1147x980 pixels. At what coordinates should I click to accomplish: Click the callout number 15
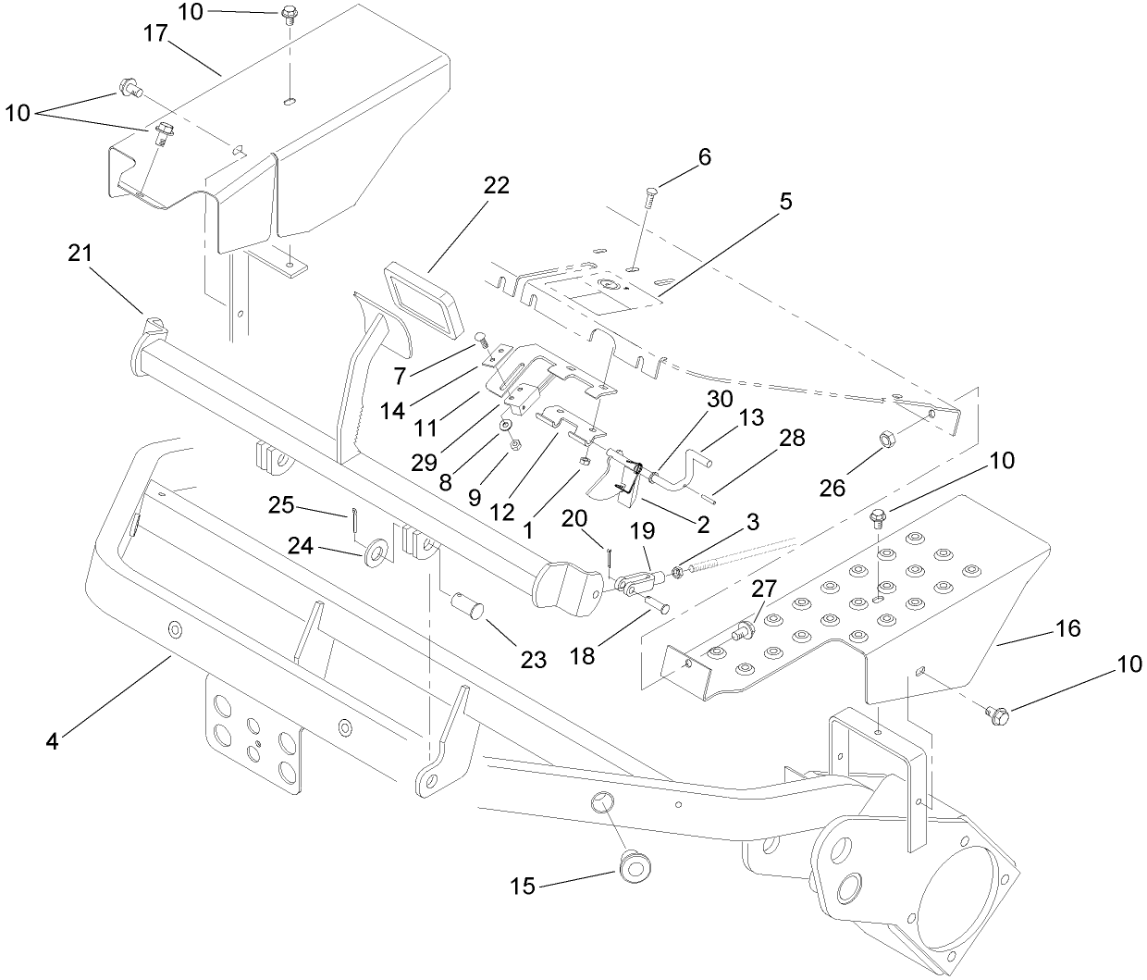(x=522, y=887)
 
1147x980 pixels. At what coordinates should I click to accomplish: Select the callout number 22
(x=496, y=185)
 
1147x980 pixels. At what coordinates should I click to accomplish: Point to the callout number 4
(x=52, y=741)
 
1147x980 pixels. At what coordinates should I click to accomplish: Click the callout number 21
(x=80, y=253)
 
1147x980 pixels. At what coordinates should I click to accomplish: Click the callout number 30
(x=719, y=400)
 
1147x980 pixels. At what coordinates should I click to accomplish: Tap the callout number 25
(x=282, y=505)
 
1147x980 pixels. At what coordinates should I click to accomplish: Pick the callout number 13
(x=751, y=417)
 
